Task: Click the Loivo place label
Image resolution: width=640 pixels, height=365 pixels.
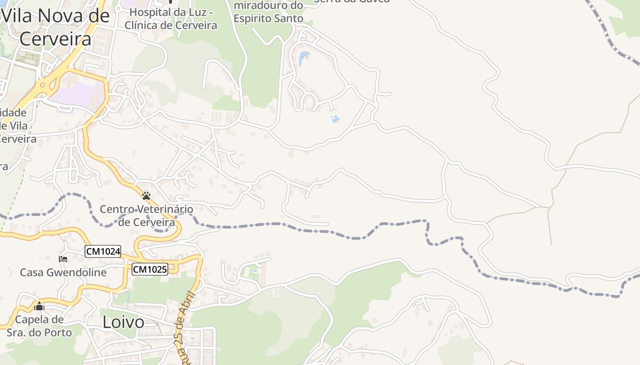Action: (123, 322)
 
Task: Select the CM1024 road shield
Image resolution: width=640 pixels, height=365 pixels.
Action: (103, 251)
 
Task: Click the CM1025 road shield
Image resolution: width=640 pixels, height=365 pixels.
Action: (150, 270)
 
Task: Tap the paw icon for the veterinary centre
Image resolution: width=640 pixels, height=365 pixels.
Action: (146, 196)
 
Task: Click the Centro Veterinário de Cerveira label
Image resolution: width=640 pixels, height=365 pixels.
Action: (146, 216)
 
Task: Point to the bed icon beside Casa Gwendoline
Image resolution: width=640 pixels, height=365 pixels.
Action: (63, 259)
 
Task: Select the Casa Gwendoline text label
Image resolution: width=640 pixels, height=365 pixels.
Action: (63, 273)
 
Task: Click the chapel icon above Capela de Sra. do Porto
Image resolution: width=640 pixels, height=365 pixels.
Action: (39, 306)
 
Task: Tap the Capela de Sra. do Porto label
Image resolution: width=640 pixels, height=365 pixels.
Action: (39, 326)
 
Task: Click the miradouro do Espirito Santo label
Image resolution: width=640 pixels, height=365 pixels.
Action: (268, 12)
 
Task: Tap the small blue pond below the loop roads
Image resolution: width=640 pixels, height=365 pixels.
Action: (335, 119)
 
